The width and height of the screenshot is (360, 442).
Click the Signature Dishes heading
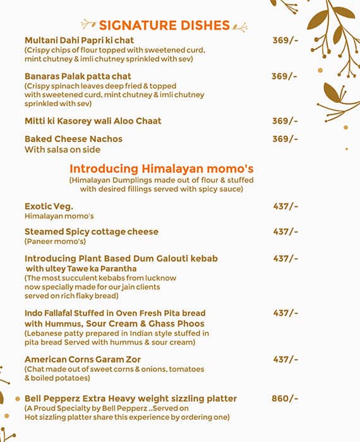click(x=164, y=25)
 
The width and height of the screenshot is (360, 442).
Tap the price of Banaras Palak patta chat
click(x=285, y=76)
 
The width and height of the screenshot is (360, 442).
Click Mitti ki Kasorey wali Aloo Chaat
click(x=93, y=121)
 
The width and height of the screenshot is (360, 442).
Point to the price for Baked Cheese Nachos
click(x=285, y=139)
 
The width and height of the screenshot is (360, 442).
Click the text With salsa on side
click(x=63, y=150)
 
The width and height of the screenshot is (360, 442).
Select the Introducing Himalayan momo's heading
click(x=161, y=169)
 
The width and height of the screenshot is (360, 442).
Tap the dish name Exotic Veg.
click(x=49, y=206)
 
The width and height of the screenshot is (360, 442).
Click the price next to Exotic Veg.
click(x=285, y=206)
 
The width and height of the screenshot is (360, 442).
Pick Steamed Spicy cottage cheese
click(x=92, y=232)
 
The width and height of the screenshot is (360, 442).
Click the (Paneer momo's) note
click(x=56, y=241)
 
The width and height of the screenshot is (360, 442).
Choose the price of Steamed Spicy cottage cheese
click(x=285, y=232)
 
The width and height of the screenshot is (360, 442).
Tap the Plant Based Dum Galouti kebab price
click(x=285, y=258)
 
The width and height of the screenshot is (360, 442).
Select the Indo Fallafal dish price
click(x=285, y=313)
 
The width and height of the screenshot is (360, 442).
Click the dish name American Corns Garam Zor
click(x=83, y=359)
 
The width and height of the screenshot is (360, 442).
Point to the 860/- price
click(x=285, y=398)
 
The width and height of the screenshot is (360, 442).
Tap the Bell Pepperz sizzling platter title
click(x=131, y=398)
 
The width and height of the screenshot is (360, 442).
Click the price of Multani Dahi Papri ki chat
click(x=285, y=40)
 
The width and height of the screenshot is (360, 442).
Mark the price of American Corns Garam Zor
click(x=285, y=359)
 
